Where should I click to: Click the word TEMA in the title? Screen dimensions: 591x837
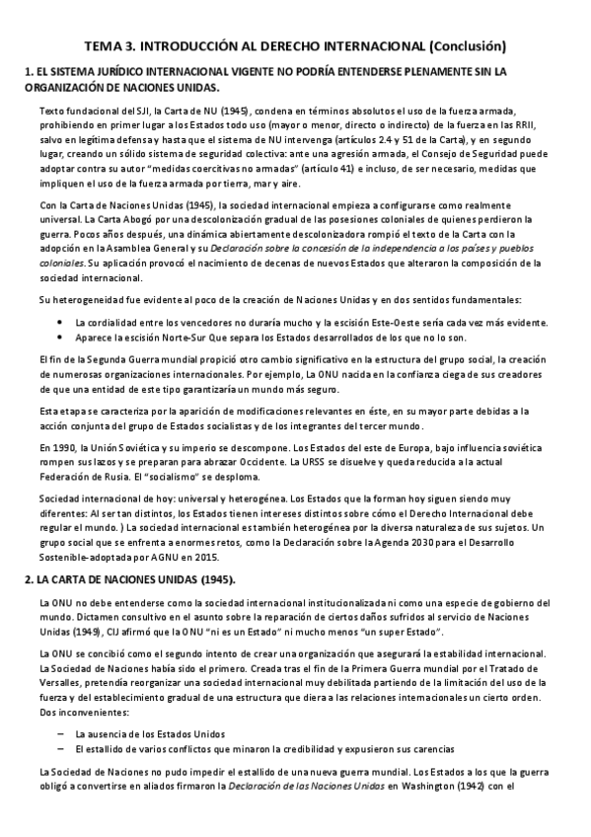[105, 45]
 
